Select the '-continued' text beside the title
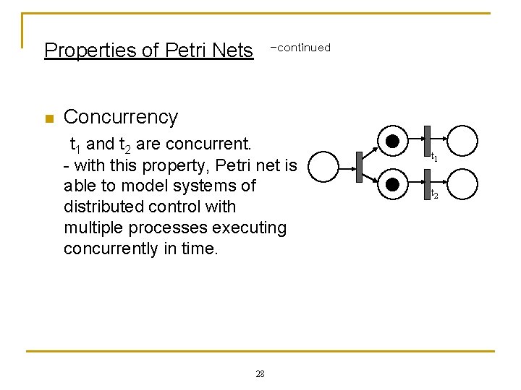(300, 48)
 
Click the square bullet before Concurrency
(49, 118)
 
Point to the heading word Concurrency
(121, 117)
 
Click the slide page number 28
(260, 373)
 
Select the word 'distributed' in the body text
(109, 207)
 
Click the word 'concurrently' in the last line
(111, 249)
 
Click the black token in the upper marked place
(393, 141)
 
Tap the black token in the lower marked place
(393, 185)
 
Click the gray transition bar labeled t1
(427, 140)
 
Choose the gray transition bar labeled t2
(427, 184)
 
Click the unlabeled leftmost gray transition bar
(358, 165)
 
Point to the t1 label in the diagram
(435, 157)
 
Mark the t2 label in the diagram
(435, 195)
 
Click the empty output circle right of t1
(463, 141)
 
